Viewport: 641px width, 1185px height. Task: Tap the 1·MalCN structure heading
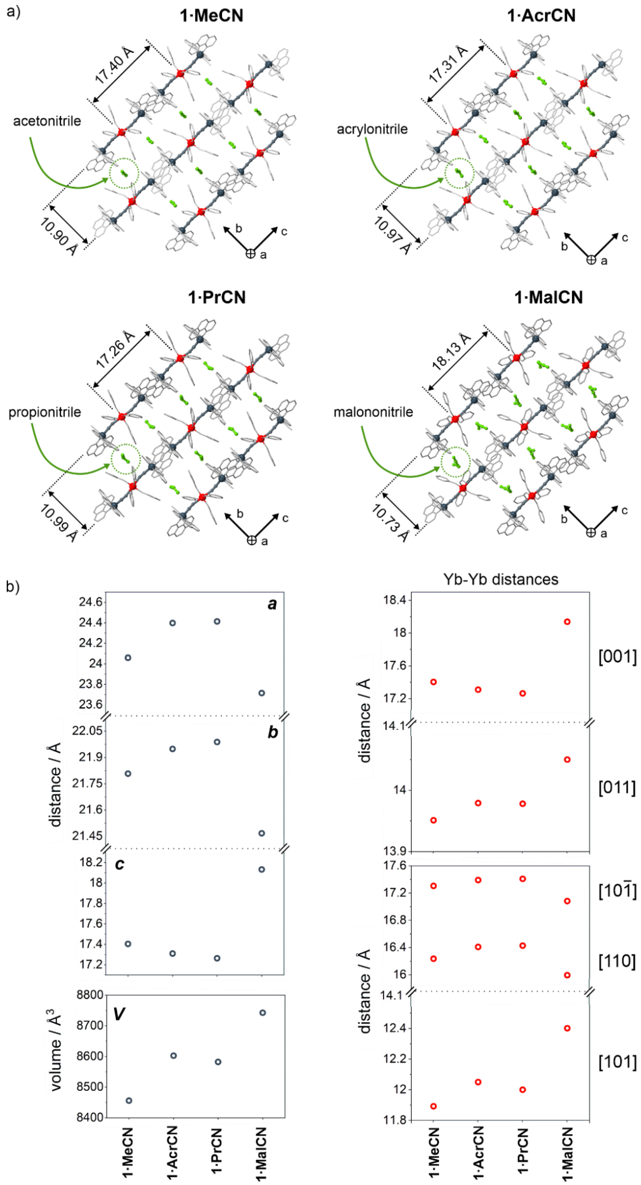549,297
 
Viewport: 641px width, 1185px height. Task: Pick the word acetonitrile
47,121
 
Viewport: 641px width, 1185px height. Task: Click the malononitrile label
373,412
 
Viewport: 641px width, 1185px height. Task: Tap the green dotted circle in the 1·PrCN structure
126,459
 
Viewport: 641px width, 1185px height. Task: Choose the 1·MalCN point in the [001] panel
567,621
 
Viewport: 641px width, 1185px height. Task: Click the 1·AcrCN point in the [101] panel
478,1082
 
